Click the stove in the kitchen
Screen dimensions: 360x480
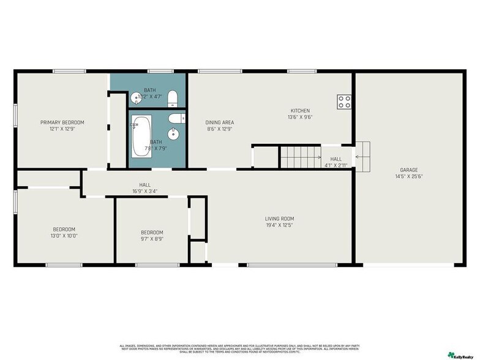tap(343, 102)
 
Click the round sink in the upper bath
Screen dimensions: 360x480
tap(135, 97)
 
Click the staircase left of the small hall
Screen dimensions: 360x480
tap(301, 157)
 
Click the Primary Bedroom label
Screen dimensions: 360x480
tap(62, 122)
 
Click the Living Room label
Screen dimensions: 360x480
tap(279, 219)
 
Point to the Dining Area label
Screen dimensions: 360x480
tap(219, 122)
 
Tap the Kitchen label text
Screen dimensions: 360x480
tap(300, 111)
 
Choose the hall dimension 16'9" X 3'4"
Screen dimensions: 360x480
tap(144, 191)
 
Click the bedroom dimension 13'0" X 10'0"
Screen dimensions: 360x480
tap(64, 235)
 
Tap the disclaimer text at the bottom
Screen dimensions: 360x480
tap(239, 347)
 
